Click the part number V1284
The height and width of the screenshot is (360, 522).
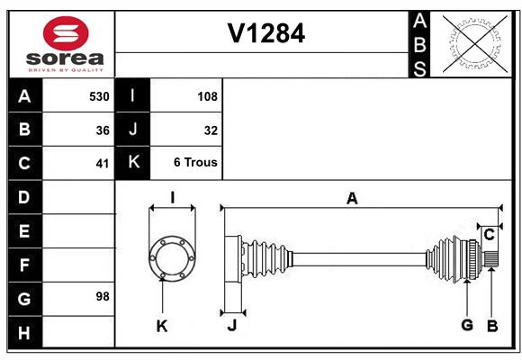265,33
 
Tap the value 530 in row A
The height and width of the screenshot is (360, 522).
98,95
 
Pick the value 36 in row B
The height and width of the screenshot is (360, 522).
103,130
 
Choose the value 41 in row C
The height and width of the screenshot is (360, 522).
103,164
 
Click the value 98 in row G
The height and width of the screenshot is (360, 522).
103,296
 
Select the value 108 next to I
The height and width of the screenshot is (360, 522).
206,95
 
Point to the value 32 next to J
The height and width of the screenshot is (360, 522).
211,130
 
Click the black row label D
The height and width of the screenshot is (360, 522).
24,197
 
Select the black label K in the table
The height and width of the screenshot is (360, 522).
133,163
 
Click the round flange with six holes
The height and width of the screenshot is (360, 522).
170,256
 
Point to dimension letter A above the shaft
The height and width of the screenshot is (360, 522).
352,199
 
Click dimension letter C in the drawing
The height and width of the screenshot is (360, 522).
488,235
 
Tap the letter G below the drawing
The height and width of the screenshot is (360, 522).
466,326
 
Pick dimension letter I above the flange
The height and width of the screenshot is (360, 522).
171,197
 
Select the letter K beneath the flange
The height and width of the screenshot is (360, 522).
162,326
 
